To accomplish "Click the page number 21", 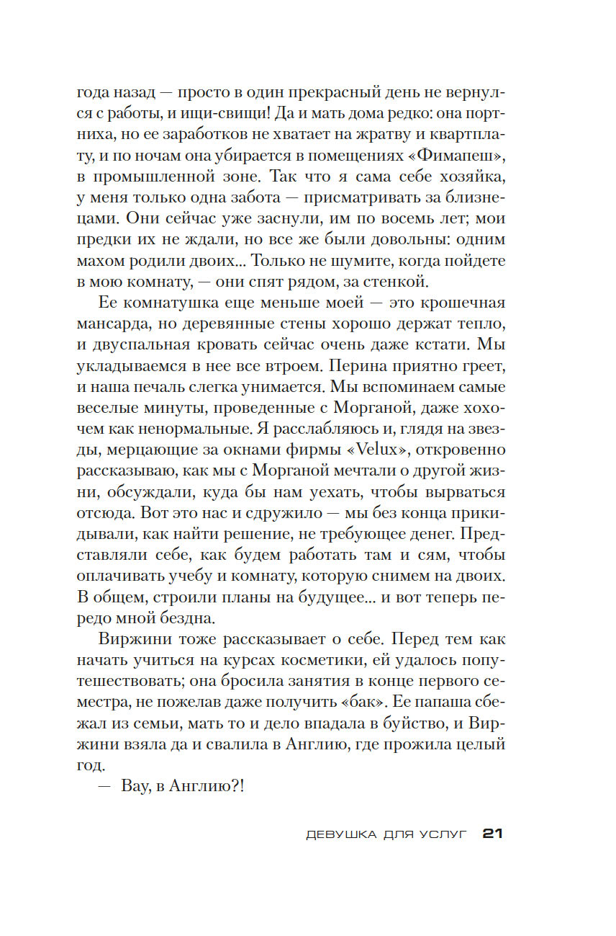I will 492,834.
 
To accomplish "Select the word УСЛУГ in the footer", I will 443,834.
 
